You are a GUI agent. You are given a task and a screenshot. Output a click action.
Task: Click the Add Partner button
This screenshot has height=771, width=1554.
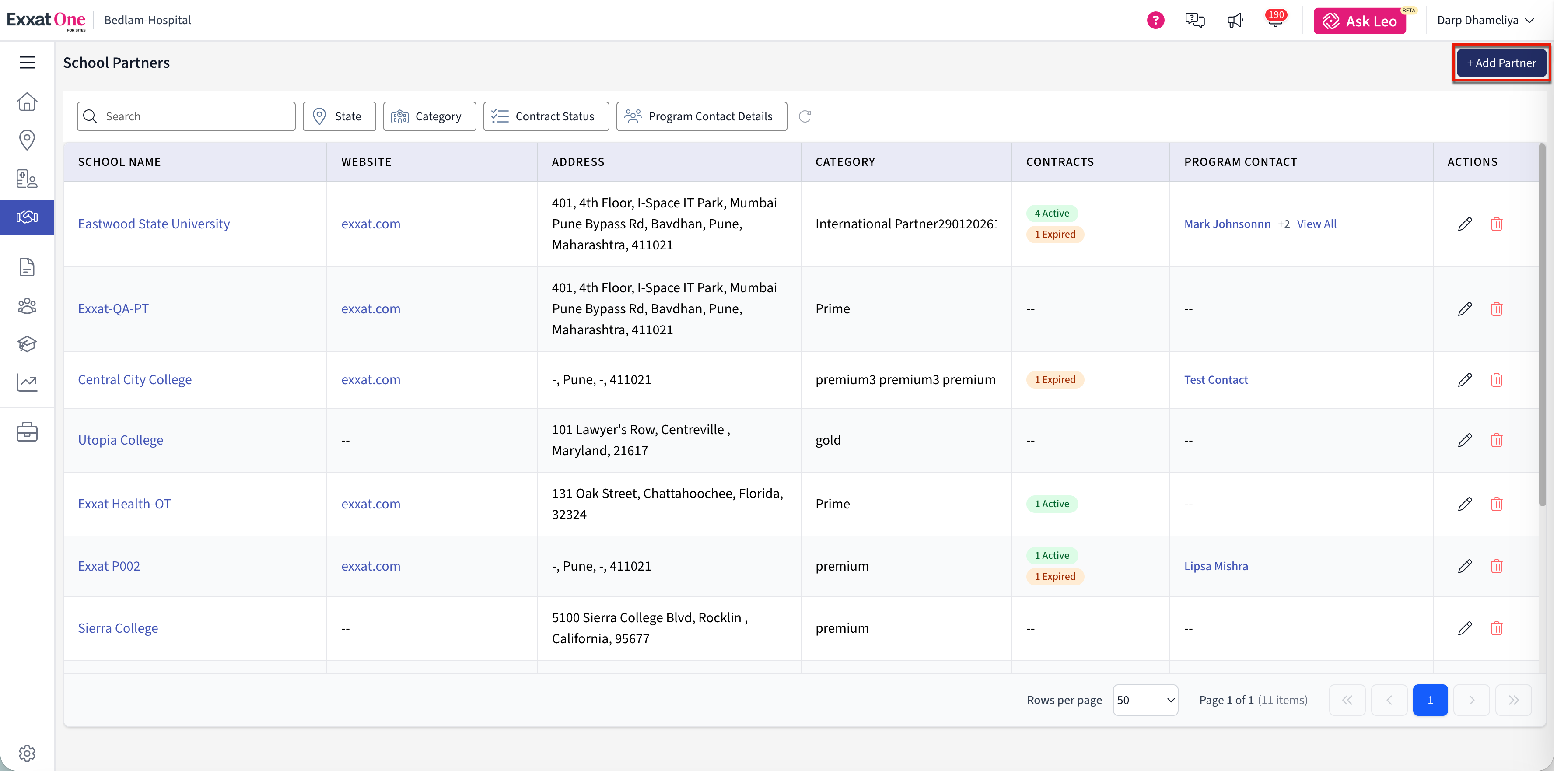tap(1501, 63)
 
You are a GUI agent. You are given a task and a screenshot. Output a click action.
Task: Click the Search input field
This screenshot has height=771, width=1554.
tap(186, 116)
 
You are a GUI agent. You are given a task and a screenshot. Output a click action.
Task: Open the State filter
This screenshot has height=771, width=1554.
tap(339, 116)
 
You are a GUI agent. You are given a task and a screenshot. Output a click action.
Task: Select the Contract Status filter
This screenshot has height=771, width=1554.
tap(546, 116)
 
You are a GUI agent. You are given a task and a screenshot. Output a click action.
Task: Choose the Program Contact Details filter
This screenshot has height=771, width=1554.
tap(702, 116)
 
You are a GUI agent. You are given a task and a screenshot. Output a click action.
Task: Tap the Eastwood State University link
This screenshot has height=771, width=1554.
tap(154, 224)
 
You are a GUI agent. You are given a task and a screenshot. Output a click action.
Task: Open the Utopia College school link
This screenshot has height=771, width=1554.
tap(121, 440)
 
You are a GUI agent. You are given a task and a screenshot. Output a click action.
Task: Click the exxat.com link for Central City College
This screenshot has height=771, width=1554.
tap(371, 379)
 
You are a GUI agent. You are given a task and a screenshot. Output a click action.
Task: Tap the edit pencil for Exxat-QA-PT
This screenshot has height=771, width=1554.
tap(1465, 309)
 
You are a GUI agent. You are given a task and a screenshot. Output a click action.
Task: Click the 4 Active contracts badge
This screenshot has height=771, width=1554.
tap(1052, 213)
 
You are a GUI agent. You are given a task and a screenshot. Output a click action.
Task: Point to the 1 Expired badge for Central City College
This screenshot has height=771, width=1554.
tap(1055, 379)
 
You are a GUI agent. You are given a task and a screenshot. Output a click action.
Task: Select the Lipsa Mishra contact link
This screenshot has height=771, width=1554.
tap(1216, 566)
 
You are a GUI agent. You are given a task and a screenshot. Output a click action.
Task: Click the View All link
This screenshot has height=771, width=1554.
tap(1317, 224)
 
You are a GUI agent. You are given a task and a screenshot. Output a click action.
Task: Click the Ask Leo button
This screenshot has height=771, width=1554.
tap(1360, 21)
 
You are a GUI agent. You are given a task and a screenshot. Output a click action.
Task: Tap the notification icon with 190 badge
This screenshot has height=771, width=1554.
tap(1275, 20)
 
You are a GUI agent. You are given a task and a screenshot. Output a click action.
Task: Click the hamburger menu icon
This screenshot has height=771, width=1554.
tap(27, 63)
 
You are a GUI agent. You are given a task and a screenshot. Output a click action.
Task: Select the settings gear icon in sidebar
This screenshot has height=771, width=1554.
tap(27, 753)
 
